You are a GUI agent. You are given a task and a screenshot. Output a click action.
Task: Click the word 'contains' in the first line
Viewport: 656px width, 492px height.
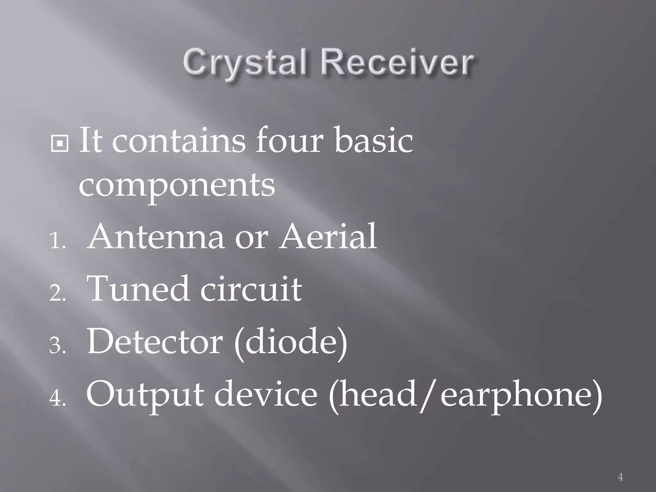178,141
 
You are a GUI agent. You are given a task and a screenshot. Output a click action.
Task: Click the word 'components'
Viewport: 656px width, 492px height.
177,186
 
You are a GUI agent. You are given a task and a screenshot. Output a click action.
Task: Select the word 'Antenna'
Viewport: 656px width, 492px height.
156,237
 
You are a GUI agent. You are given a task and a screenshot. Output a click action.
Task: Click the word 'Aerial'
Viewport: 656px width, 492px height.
328,237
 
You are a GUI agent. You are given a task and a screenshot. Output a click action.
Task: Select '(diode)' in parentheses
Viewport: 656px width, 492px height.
291,343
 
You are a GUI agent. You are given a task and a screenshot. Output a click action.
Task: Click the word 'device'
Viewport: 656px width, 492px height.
266,394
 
